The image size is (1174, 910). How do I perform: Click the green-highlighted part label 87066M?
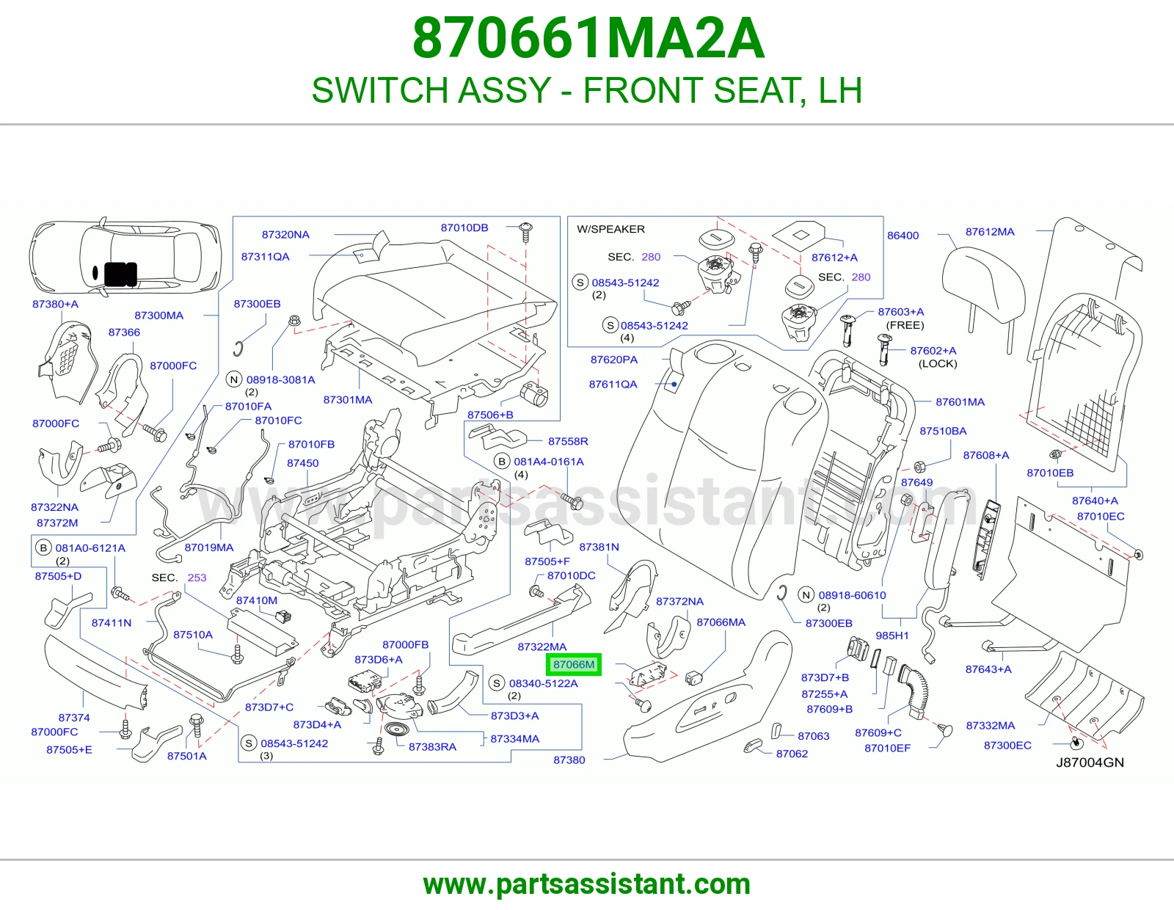574,664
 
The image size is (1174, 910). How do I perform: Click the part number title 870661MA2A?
588,38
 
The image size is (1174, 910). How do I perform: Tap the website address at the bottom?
587,884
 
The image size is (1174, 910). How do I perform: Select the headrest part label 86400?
903,236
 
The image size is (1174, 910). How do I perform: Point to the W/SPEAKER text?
610,229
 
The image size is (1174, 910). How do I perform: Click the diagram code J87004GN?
1090,762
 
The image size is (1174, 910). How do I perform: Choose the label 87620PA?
613,360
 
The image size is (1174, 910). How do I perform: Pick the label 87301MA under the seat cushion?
347,400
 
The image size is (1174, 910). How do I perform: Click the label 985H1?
892,636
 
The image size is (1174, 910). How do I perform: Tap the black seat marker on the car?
120,274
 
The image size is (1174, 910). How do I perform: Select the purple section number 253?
197,578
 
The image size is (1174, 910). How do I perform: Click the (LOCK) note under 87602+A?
937,364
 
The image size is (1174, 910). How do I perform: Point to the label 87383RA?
432,747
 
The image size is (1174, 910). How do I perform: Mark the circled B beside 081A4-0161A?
502,462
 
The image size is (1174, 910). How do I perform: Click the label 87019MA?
209,547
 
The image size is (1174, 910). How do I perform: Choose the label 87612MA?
990,232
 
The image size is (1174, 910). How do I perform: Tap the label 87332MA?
991,726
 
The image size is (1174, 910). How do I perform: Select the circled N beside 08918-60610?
806,595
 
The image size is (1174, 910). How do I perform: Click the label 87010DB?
464,227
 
